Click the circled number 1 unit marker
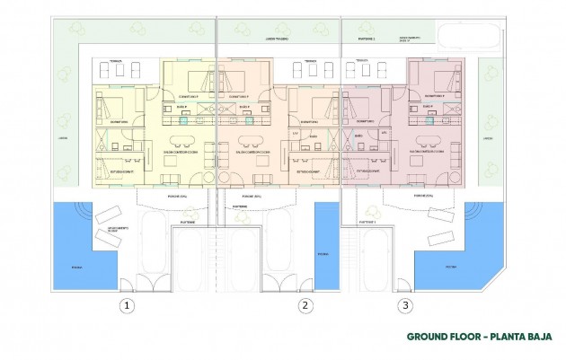[128, 305]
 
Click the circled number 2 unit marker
[306, 305]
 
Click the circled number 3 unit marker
[406, 305]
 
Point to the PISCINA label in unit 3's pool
[450, 267]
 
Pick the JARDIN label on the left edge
[62, 138]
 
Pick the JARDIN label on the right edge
[488, 138]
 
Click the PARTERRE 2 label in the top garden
[364, 40]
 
